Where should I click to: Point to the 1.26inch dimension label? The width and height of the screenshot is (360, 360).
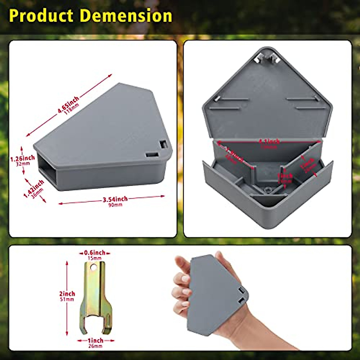pos(22,158)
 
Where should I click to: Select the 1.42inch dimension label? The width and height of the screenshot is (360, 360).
pos(34,187)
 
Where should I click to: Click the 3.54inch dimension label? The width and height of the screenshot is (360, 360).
pos(115,199)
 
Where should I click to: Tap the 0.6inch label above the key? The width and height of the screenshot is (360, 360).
pos(94,253)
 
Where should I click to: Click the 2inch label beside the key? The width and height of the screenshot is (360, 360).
pos(67,294)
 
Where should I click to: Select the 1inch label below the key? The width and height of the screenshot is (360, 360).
pos(95,340)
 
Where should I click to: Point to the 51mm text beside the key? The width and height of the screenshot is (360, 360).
pos(67,299)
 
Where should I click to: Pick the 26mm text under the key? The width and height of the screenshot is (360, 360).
pos(95,346)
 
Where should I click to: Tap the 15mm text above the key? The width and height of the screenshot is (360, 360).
pos(94,258)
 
